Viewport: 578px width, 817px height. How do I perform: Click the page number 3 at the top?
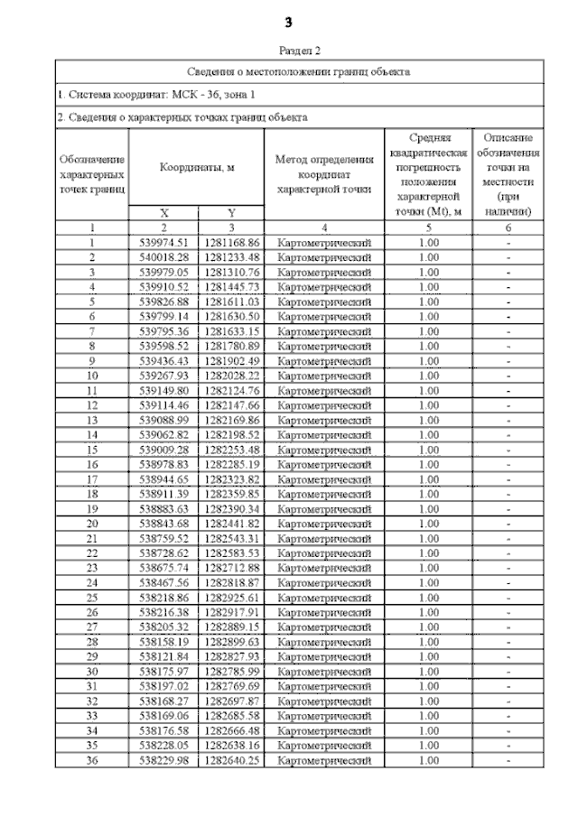click(x=288, y=22)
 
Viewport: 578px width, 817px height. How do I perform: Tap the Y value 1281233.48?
click(x=232, y=257)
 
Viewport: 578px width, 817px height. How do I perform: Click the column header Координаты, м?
click(x=197, y=168)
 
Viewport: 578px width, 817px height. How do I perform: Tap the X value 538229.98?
click(x=164, y=760)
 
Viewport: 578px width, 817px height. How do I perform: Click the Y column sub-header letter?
click(x=231, y=213)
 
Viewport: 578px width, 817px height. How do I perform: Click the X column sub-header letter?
click(x=164, y=213)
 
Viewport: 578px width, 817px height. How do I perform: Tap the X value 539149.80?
click(x=164, y=390)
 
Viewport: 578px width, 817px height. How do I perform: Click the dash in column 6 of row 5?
click(x=508, y=302)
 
